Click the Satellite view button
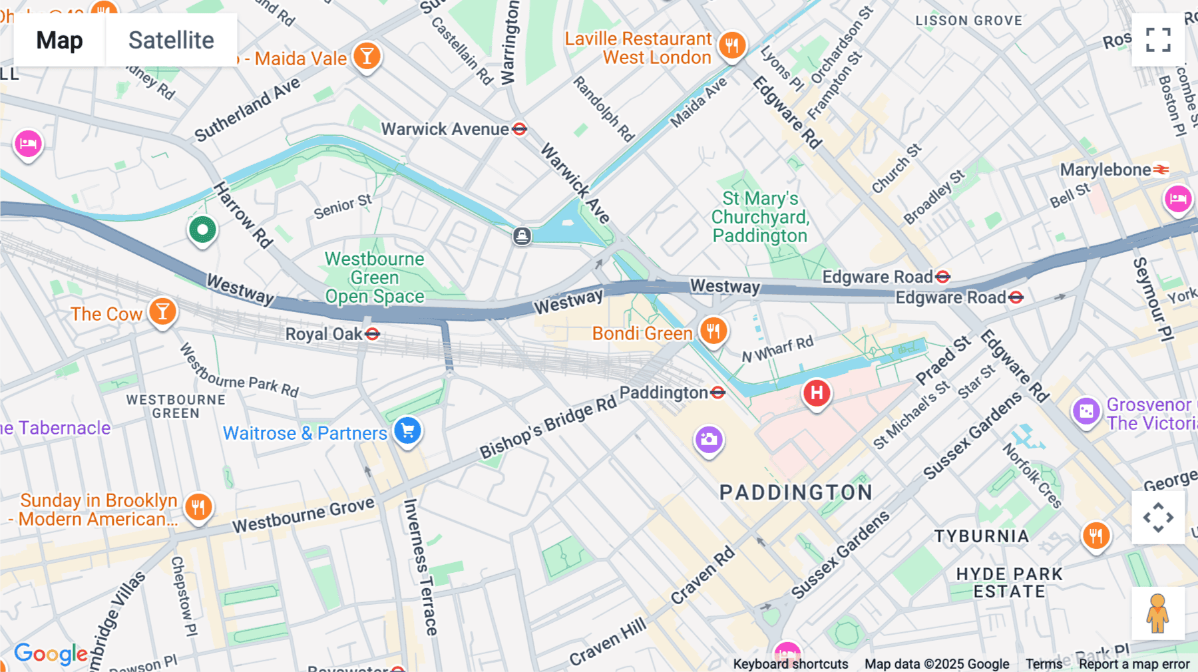click(x=171, y=41)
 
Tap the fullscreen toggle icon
click(x=1158, y=40)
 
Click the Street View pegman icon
click(x=1158, y=613)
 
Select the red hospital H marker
click(x=817, y=393)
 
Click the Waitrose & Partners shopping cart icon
click(x=407, y=430)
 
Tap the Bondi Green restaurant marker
click(x=713, y=331)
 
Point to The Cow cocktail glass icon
click(x=162, y=311)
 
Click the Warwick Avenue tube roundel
click(x=520, y=129)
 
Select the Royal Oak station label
click(x=323, y=334)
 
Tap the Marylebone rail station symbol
click(x=1161, y=170)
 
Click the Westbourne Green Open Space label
click(x=374, y=277)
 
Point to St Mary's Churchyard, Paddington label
click(x=760, y=217)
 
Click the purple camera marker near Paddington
click(x=709, y=439)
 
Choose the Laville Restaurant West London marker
click(x=732, y=45)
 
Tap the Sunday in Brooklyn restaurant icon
click(x=198, y=508)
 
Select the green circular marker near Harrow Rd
click(x=202, y=230)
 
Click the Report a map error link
click(x=1134, y=664)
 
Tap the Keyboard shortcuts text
click(x=790, y=664)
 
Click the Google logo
click(x=51, y=653)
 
